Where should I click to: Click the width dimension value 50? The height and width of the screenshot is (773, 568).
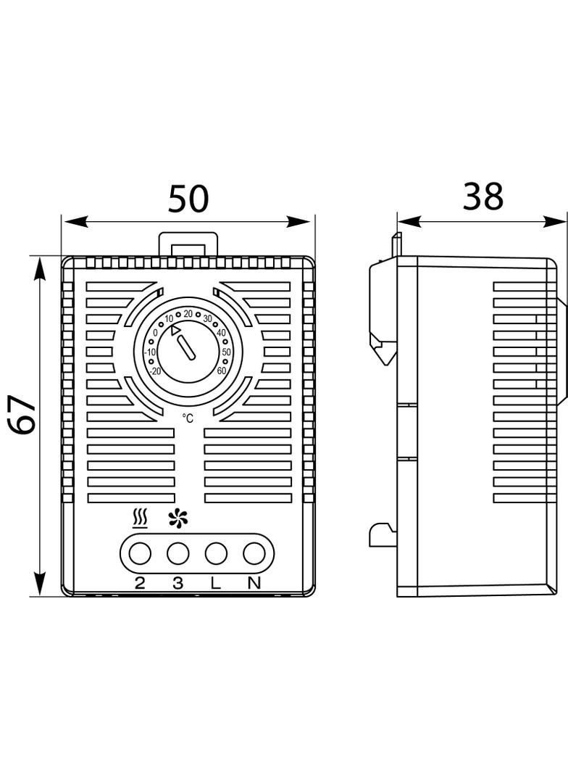(x=188, y=199)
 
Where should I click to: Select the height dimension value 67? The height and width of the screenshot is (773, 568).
(x=25, y=415)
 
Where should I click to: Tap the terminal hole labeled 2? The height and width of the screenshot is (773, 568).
(x=139, y=554)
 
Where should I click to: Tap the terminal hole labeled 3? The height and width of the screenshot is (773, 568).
(x=177, y=554)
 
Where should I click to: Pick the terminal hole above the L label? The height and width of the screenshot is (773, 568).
(x=215, y=554)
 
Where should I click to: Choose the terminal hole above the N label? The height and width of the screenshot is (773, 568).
(x=253, y=554)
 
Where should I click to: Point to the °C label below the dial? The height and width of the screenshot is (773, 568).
(x=188, y=418)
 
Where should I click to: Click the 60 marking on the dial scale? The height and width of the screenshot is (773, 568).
(x=221, y=371)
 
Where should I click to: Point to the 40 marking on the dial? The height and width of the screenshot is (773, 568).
(x=222, y=333)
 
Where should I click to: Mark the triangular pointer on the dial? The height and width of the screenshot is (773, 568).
(x=175, y=331)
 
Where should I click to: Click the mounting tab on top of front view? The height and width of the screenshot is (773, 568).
(x=188, y=243)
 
